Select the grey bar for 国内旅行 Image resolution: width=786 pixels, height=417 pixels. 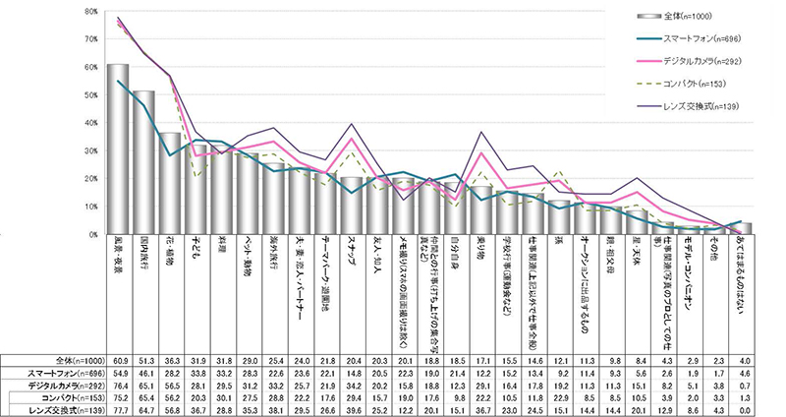coord(144,162)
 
